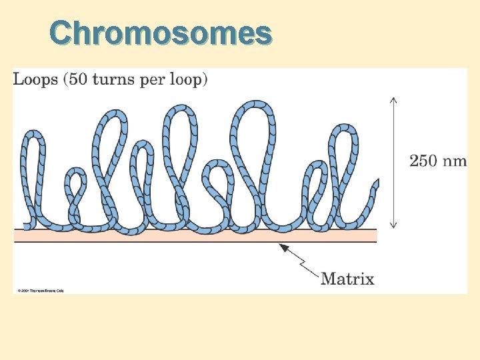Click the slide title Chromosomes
point(161,33)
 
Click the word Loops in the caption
point(35,80)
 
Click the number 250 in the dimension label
point(424,161)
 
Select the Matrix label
point(347,279)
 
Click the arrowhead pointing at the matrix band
point(283,247)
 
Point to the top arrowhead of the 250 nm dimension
point(393,100)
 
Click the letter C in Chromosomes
point(63,33)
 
